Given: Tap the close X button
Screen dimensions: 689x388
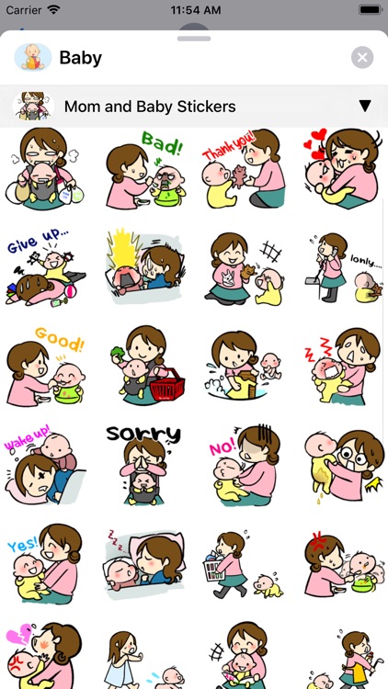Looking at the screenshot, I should [362, 58].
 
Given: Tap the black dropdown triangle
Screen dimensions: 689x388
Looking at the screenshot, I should [364, 106].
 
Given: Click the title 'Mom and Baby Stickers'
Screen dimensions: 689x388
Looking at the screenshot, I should [150, 107].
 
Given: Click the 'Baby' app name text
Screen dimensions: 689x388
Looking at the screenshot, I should [80, 58].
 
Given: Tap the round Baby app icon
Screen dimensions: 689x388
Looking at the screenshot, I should [32, 58].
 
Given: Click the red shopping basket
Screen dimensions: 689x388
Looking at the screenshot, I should [166, 386].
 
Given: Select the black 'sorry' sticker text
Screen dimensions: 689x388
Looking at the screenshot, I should [143, 434].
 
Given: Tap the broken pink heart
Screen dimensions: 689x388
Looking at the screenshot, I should [19, 636].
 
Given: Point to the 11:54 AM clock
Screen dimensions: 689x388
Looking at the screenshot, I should [194, 10].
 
